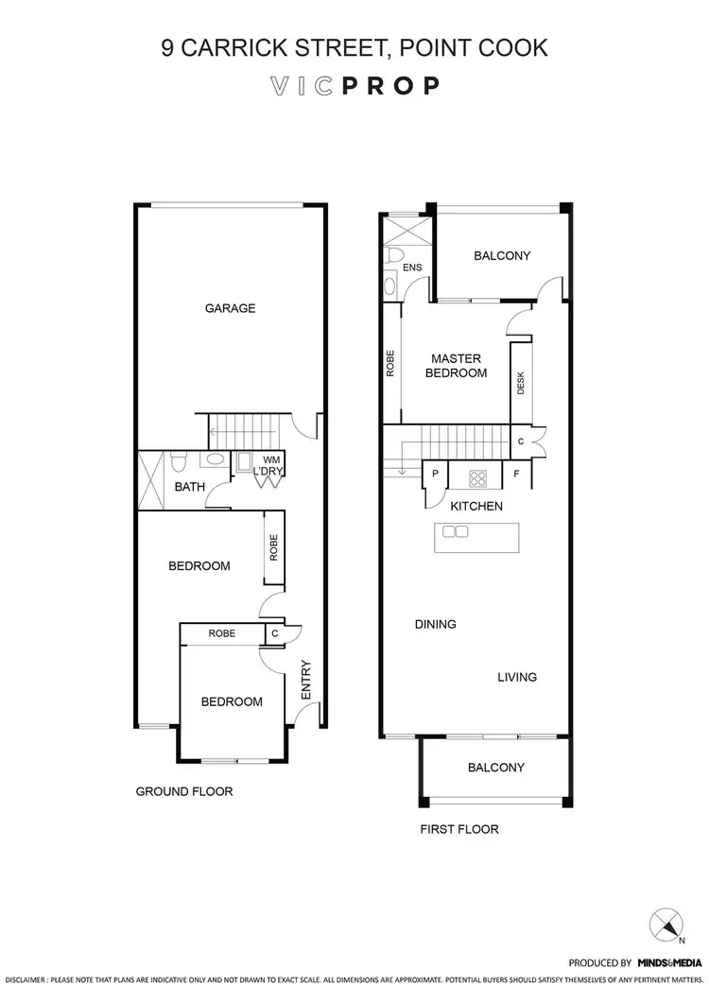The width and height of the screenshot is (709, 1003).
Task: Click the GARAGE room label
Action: tap(231, 308)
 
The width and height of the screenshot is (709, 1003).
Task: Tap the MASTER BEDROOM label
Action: tap(458, 366)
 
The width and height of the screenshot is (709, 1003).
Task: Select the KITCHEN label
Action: tap(476, 507)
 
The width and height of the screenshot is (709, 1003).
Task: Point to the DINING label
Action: tap(435, 624)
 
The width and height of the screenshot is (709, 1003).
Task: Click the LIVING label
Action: tap(517, 677)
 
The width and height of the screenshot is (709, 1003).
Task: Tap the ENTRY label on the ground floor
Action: tap(305, 680)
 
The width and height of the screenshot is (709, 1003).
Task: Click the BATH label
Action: tap(190, 488)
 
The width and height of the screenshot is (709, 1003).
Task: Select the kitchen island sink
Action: tap(455, 531)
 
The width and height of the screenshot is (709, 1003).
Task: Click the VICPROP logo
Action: tap(354, 86)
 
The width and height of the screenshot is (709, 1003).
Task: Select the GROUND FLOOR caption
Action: tap(184, 791)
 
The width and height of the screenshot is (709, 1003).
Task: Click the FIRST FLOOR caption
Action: tap(459, 829)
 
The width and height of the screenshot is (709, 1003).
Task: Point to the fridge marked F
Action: tap(516, 474)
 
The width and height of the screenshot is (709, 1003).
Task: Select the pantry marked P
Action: tap(436, 474)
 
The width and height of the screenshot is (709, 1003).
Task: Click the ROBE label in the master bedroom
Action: tap(390, 365)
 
